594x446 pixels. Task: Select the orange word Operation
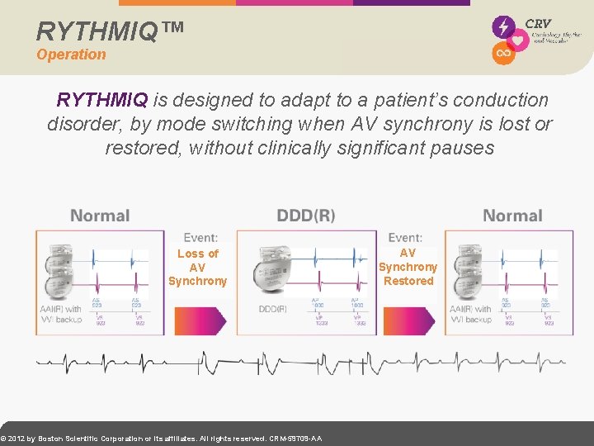tap(71, 55)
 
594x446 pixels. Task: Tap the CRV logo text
tap(538, 24)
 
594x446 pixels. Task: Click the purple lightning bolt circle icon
tap(503, 26)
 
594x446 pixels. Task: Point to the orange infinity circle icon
tap(503, 53)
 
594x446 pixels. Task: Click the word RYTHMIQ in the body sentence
tap(102, 100)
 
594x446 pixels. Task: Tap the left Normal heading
tap(100, 216)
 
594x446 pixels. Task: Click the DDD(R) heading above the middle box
tap(306, 216)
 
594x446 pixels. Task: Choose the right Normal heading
tap(512, 216)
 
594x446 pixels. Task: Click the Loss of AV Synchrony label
tap(197, 267)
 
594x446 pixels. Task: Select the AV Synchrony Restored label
tap(408, 267)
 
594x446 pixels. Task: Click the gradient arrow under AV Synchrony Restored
tap(408, 320)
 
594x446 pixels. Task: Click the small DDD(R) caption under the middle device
tap(273, 309)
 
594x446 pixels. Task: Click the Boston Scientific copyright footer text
tap(162, 439)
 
